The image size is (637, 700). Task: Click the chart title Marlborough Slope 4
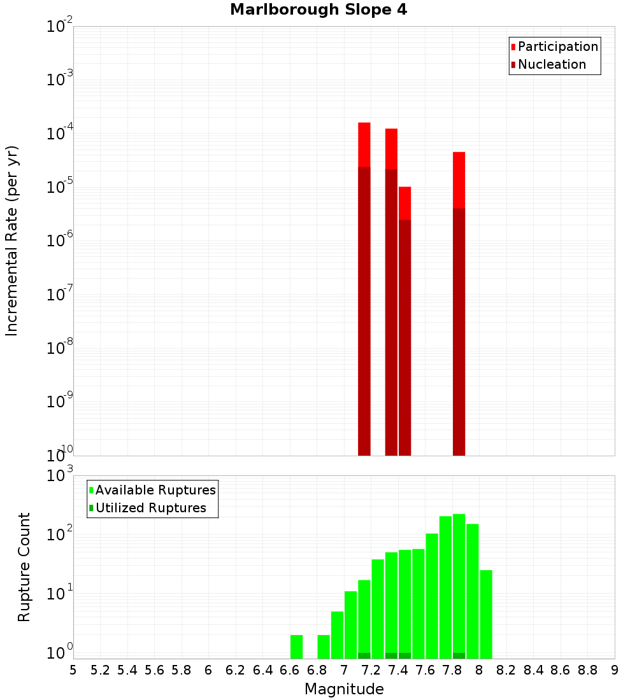click(x=319, y=10)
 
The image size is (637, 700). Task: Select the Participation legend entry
click(x=558, y=46)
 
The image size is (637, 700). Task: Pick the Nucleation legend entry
click(x=552, y=64)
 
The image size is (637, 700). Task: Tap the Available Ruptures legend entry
click(x=155, y=490)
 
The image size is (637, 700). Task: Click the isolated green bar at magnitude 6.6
click(x=297, y=647)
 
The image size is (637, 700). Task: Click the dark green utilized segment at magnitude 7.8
click(x=459, y=655)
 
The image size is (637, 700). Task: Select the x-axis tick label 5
click(x=73, y=670)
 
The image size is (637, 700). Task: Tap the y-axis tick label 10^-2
click(x=60, y=27)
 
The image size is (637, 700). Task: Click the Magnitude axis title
click(x=344, y=689)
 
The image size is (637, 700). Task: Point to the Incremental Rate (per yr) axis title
click(x=12, y=241)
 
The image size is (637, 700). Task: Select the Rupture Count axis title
click(x=24, y=567)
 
